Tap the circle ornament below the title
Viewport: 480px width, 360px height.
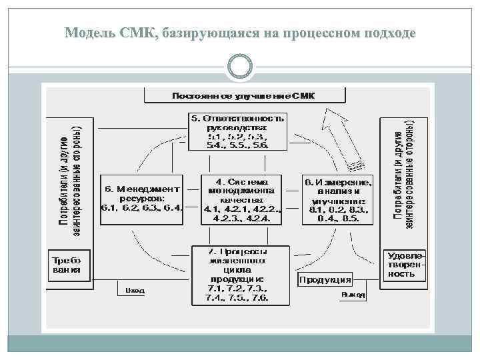point(239,66)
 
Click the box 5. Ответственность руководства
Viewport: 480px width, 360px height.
point(237,131)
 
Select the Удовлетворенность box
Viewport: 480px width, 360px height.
point(405,265)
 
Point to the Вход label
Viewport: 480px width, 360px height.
point(135,291)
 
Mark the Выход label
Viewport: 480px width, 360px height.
point(353,294)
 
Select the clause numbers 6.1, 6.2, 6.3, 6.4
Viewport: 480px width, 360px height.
point(141,208)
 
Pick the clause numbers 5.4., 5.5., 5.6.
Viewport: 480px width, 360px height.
point(238,145)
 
